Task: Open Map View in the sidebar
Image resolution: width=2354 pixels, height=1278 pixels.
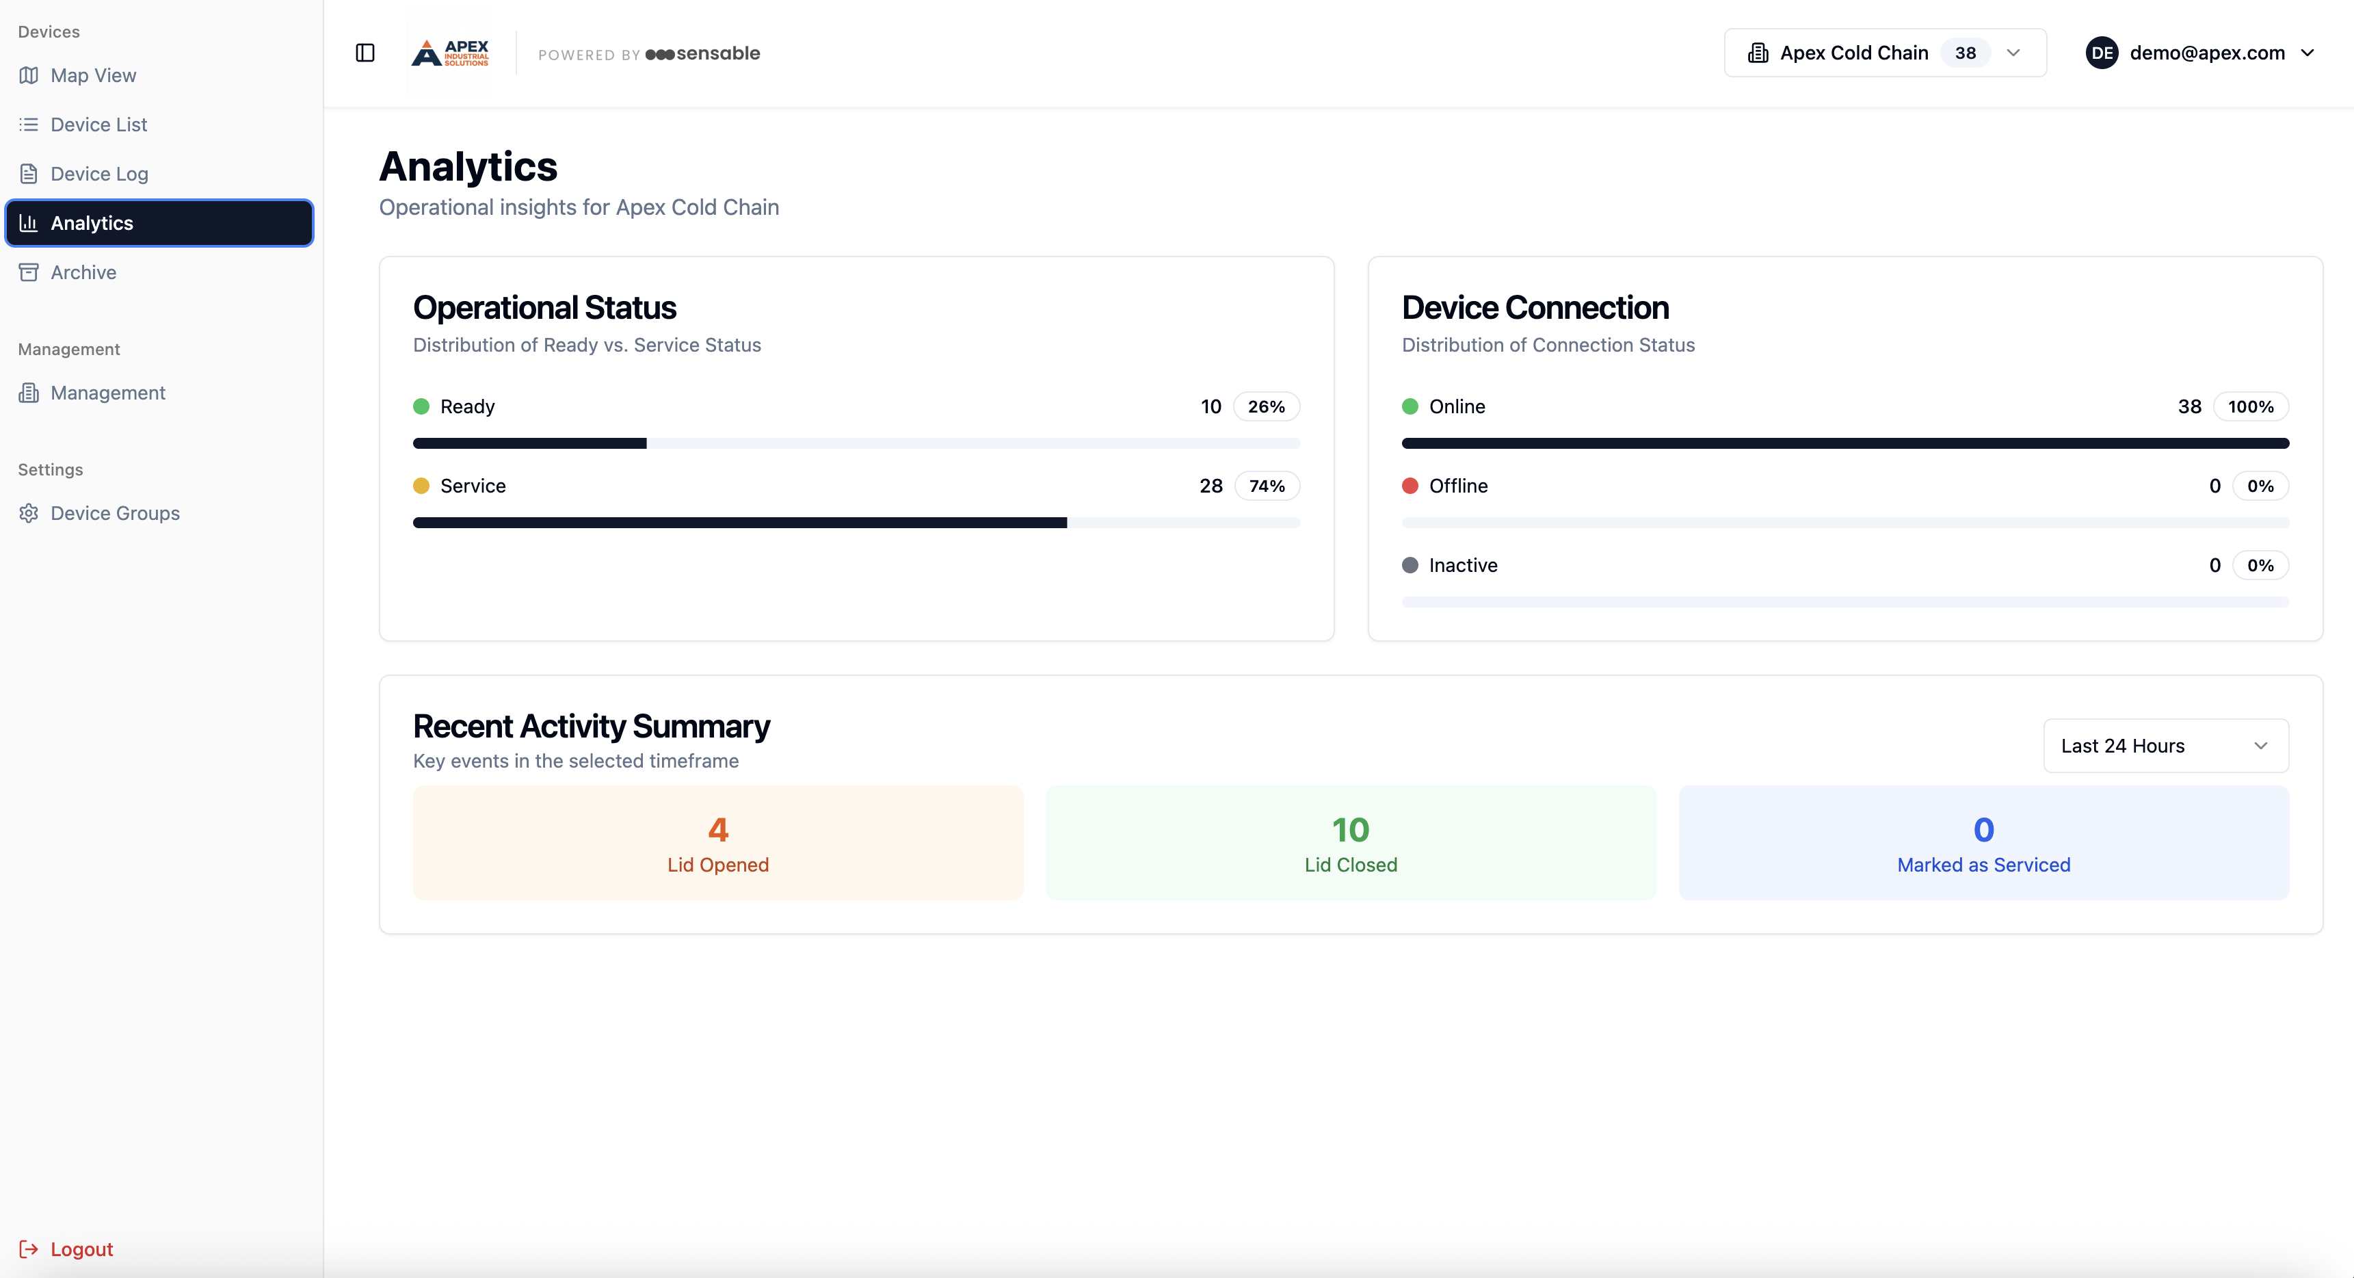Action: tap(92, 76)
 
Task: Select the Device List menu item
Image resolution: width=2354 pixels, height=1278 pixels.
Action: tap(98, 125)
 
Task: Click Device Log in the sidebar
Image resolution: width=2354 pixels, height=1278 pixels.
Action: tap(98, 174)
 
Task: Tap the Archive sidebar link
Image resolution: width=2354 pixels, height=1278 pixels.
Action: tap(83, 272)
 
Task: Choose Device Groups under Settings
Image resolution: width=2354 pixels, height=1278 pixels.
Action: tap(114, 513)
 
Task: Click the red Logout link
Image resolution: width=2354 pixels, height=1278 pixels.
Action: tap(81, 1249)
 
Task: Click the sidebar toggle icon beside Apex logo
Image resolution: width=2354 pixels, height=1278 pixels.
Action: tap(365, 53)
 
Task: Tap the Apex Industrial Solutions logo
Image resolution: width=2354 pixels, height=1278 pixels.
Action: tap(449, 53)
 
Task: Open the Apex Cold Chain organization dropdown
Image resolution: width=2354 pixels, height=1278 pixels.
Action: tap(1884, 53)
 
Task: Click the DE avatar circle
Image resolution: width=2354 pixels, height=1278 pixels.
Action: tap(2102, 53)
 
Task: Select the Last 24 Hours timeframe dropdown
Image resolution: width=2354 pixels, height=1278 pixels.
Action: tap(2165, 746)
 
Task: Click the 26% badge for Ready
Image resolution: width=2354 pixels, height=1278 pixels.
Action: tap(1266, 407)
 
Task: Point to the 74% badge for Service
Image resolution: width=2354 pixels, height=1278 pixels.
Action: tap(1267, 486)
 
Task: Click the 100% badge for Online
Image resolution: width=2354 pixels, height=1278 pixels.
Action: tap(2250, 407)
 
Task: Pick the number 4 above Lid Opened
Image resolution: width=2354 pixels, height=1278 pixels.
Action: tap(718, 830)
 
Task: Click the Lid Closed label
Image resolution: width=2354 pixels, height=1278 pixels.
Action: tap(1351, 865)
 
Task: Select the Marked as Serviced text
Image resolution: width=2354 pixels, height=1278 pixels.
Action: tap(1983, 865)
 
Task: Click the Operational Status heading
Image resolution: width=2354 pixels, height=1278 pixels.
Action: tap(544, 308)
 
